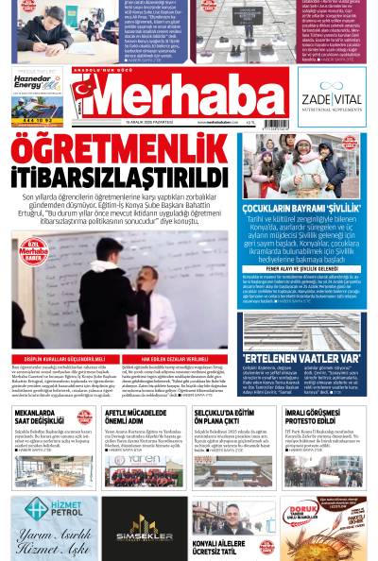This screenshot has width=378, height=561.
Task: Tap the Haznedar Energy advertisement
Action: [x=37, y=96]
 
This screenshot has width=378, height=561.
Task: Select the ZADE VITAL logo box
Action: [x=331, y=96]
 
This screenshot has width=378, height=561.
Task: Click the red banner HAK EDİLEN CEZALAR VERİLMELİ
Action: [x=177, y=359]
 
